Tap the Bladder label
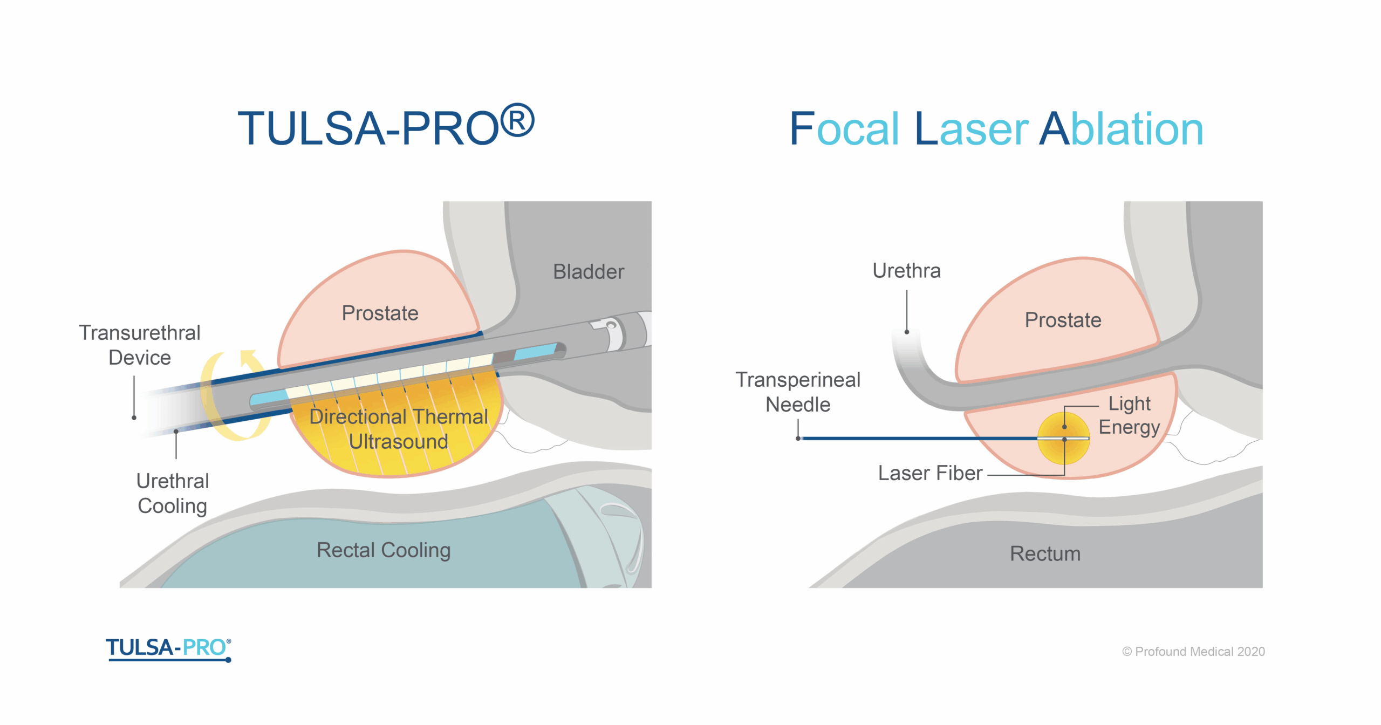[x=589, y=271]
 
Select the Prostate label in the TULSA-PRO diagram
[x=380, y=313]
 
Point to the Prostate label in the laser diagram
[x=1063, y=320]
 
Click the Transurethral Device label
[x=140, y=345]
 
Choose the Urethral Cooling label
[x=173, y=494]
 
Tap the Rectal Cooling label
[x=384, y=550]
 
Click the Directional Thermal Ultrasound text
[x=399, y=429]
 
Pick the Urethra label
[x=906, y=271]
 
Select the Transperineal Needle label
[x=798, y=392]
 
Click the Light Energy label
[x=1129, y=415]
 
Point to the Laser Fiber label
[x=930, y=473]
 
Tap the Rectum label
[x=1045, y=553]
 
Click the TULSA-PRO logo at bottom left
[x=168, y=649]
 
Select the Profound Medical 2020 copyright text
[x=1193, y=652]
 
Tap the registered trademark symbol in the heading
[x=517, y=120]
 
